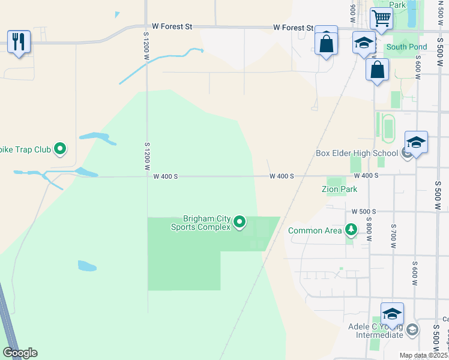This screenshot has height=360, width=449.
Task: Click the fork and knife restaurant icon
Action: click(x=19, y=41)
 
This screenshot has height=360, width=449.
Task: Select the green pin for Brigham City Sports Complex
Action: click(x=240, y=223)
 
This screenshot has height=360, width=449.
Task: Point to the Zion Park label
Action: click(x=340, y=189)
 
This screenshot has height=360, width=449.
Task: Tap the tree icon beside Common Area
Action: click(x=351, y=230)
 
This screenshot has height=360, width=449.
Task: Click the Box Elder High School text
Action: click(x=357, y=153)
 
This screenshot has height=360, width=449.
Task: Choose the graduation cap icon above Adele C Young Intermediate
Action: click(x=392, y=314)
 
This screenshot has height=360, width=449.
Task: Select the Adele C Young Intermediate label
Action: click(x=375, y=331)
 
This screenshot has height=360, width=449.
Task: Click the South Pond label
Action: click(x=406, y=47)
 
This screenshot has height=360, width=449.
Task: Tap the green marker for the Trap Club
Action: click(x=60, y=148)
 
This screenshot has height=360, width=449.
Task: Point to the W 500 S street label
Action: click(x=364, y=212)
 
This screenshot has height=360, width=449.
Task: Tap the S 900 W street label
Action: click(x=352, y=8)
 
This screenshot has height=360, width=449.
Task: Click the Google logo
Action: click(x=20, y=353)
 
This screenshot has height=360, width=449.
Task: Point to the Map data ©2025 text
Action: click(x=423, y=355)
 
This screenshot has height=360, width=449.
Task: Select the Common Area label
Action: click(x=316, y=230)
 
